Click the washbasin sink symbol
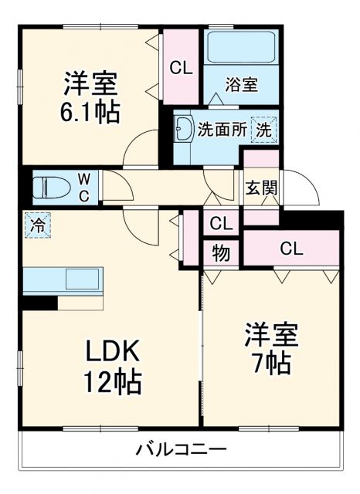coord(184,130)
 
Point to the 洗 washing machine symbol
coord(263,130)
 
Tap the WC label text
coord(84,186)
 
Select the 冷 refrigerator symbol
coord(36,225)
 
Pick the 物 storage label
coord(221,252)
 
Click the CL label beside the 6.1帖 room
coord(181,68)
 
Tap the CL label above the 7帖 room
coord(291,249)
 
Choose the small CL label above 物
coord(221,224)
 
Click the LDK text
coord(112,353)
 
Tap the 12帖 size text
coord(113,381)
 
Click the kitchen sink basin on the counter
coord(81,279)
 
